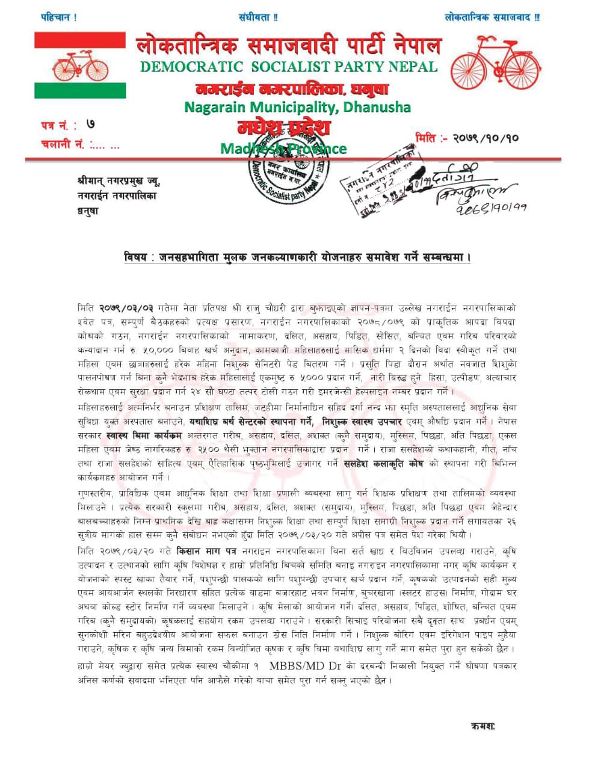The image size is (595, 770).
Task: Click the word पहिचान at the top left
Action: coord(56,17)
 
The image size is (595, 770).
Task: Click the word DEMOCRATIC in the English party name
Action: coord(191,67)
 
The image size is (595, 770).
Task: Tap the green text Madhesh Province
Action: coord(283,148)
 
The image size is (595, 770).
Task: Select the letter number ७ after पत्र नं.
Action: coord(90,125)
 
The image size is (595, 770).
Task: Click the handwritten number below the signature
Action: coord(490,208)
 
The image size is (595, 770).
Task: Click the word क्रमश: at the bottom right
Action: coord(483,726)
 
